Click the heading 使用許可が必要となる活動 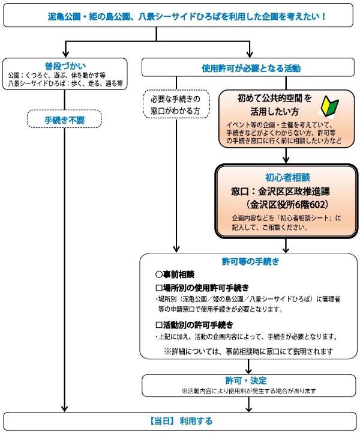tap(250, 68)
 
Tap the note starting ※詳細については tap(247, 350)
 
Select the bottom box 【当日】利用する tap(180, 421)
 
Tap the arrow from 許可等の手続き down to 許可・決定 tap(247, 366)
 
